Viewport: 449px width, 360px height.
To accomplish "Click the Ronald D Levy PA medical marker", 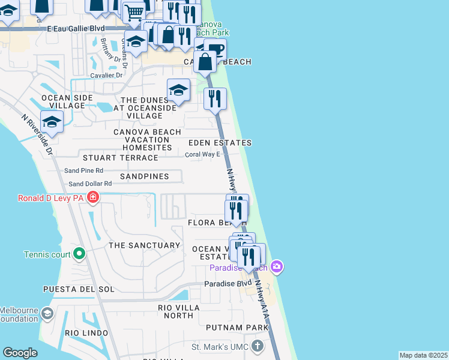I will click(92, 197).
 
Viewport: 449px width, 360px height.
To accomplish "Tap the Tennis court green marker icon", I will click(79, 254).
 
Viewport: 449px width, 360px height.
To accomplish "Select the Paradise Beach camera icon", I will click(276, 266).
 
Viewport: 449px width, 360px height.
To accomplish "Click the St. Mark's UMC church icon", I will click(257, 346).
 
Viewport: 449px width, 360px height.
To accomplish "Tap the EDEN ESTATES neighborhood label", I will click(220, 143).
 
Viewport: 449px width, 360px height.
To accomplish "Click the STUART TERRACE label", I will click(120, 158).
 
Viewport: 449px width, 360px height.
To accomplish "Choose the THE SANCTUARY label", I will click(144, 245).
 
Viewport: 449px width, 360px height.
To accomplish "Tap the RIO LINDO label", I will click(87, 333).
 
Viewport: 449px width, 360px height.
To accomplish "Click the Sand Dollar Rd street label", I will click(90, 184).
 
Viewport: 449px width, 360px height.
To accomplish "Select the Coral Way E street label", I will click(198, 154).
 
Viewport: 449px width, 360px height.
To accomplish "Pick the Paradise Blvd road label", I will click(228, 283).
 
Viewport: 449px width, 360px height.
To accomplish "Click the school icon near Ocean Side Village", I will click(52, 122).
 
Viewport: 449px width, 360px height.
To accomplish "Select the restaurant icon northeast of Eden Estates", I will click(215, 98).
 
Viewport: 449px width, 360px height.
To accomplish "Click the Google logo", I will click(20, 353).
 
